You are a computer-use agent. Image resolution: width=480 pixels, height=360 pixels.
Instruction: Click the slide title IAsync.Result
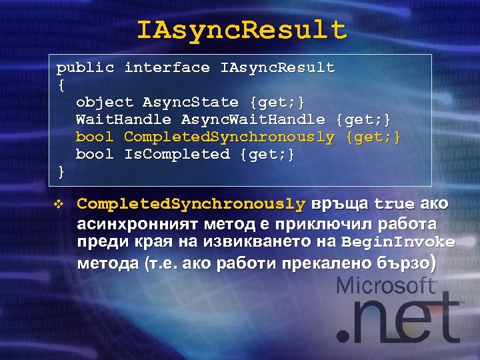[241, 30]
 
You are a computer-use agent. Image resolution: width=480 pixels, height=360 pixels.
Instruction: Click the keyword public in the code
[85, 67]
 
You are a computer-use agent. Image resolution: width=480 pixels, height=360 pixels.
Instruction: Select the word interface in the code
[167, 67]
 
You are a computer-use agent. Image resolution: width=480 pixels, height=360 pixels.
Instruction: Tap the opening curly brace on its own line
[61, 85]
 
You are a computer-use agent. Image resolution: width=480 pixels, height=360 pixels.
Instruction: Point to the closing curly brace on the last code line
[61, 171]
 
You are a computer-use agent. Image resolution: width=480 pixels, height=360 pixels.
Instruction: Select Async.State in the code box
[191, 102]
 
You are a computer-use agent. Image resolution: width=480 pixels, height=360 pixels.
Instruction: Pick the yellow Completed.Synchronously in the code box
[229, 137]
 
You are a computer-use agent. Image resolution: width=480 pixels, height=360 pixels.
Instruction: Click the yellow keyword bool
[95, 137]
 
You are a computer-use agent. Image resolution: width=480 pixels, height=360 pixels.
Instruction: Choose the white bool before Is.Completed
[95, 154]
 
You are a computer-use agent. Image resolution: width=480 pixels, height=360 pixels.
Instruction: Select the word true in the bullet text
[394, 203]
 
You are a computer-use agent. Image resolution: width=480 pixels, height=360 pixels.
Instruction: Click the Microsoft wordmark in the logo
[386, 287]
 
